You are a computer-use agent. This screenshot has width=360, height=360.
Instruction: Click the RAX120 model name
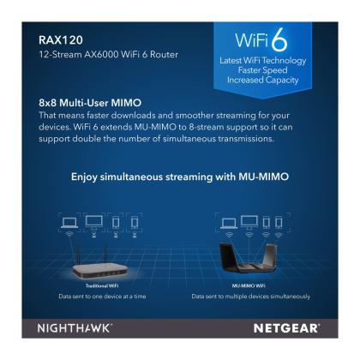[61, 40]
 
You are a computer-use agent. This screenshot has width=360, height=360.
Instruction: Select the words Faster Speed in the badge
[263, 70]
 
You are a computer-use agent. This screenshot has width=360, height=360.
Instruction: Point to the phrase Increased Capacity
[263, 80]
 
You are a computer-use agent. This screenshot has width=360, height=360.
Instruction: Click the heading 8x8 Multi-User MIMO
[90, 103]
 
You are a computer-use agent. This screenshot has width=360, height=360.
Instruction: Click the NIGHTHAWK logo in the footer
[75, 328]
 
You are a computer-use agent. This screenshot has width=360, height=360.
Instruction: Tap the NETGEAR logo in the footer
[286, 328]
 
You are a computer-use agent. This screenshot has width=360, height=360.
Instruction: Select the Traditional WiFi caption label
[102, 285]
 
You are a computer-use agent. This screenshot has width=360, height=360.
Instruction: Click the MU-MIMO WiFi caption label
[249, 285]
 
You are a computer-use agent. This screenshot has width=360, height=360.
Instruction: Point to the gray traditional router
[99, 270]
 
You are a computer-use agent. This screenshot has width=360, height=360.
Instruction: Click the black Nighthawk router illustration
[248, 258]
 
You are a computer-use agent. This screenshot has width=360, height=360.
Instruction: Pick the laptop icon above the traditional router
[69, 223]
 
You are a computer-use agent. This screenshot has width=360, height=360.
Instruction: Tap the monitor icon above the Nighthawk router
[249, 222]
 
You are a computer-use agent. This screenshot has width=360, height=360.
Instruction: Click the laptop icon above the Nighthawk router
[229, 224]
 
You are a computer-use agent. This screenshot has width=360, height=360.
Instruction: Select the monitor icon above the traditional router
[94, 221]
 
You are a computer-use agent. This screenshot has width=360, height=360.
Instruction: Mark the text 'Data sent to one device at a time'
[102, 297]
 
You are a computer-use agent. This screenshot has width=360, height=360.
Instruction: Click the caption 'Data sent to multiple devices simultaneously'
[251, 297]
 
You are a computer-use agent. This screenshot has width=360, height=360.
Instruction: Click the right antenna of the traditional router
[105, 255]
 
